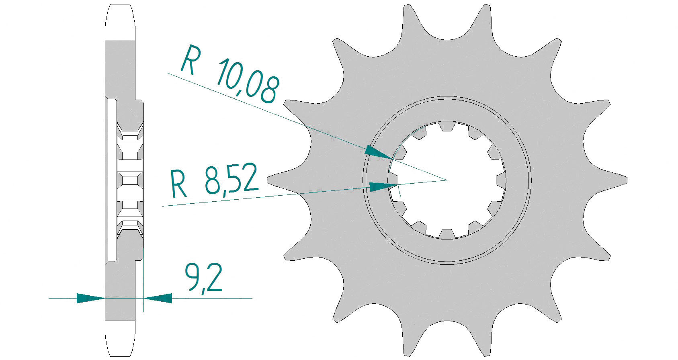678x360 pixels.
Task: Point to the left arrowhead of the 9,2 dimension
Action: coord(90,298)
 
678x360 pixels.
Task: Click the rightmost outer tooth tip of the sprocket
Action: coord(625,178)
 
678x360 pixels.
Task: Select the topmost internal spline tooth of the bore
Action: coord(446,126)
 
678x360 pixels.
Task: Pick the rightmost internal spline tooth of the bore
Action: coord(501,180)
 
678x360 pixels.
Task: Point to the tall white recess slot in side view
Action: coord(112,181)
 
